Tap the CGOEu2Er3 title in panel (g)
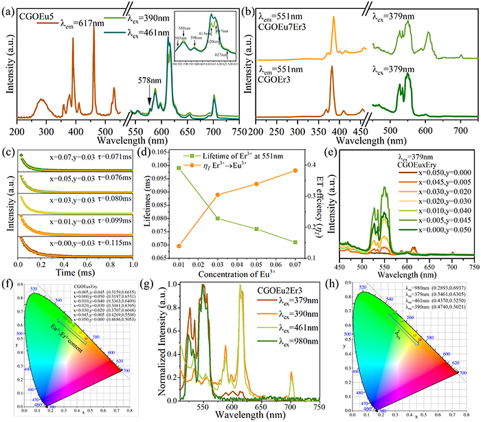coord(287,287)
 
